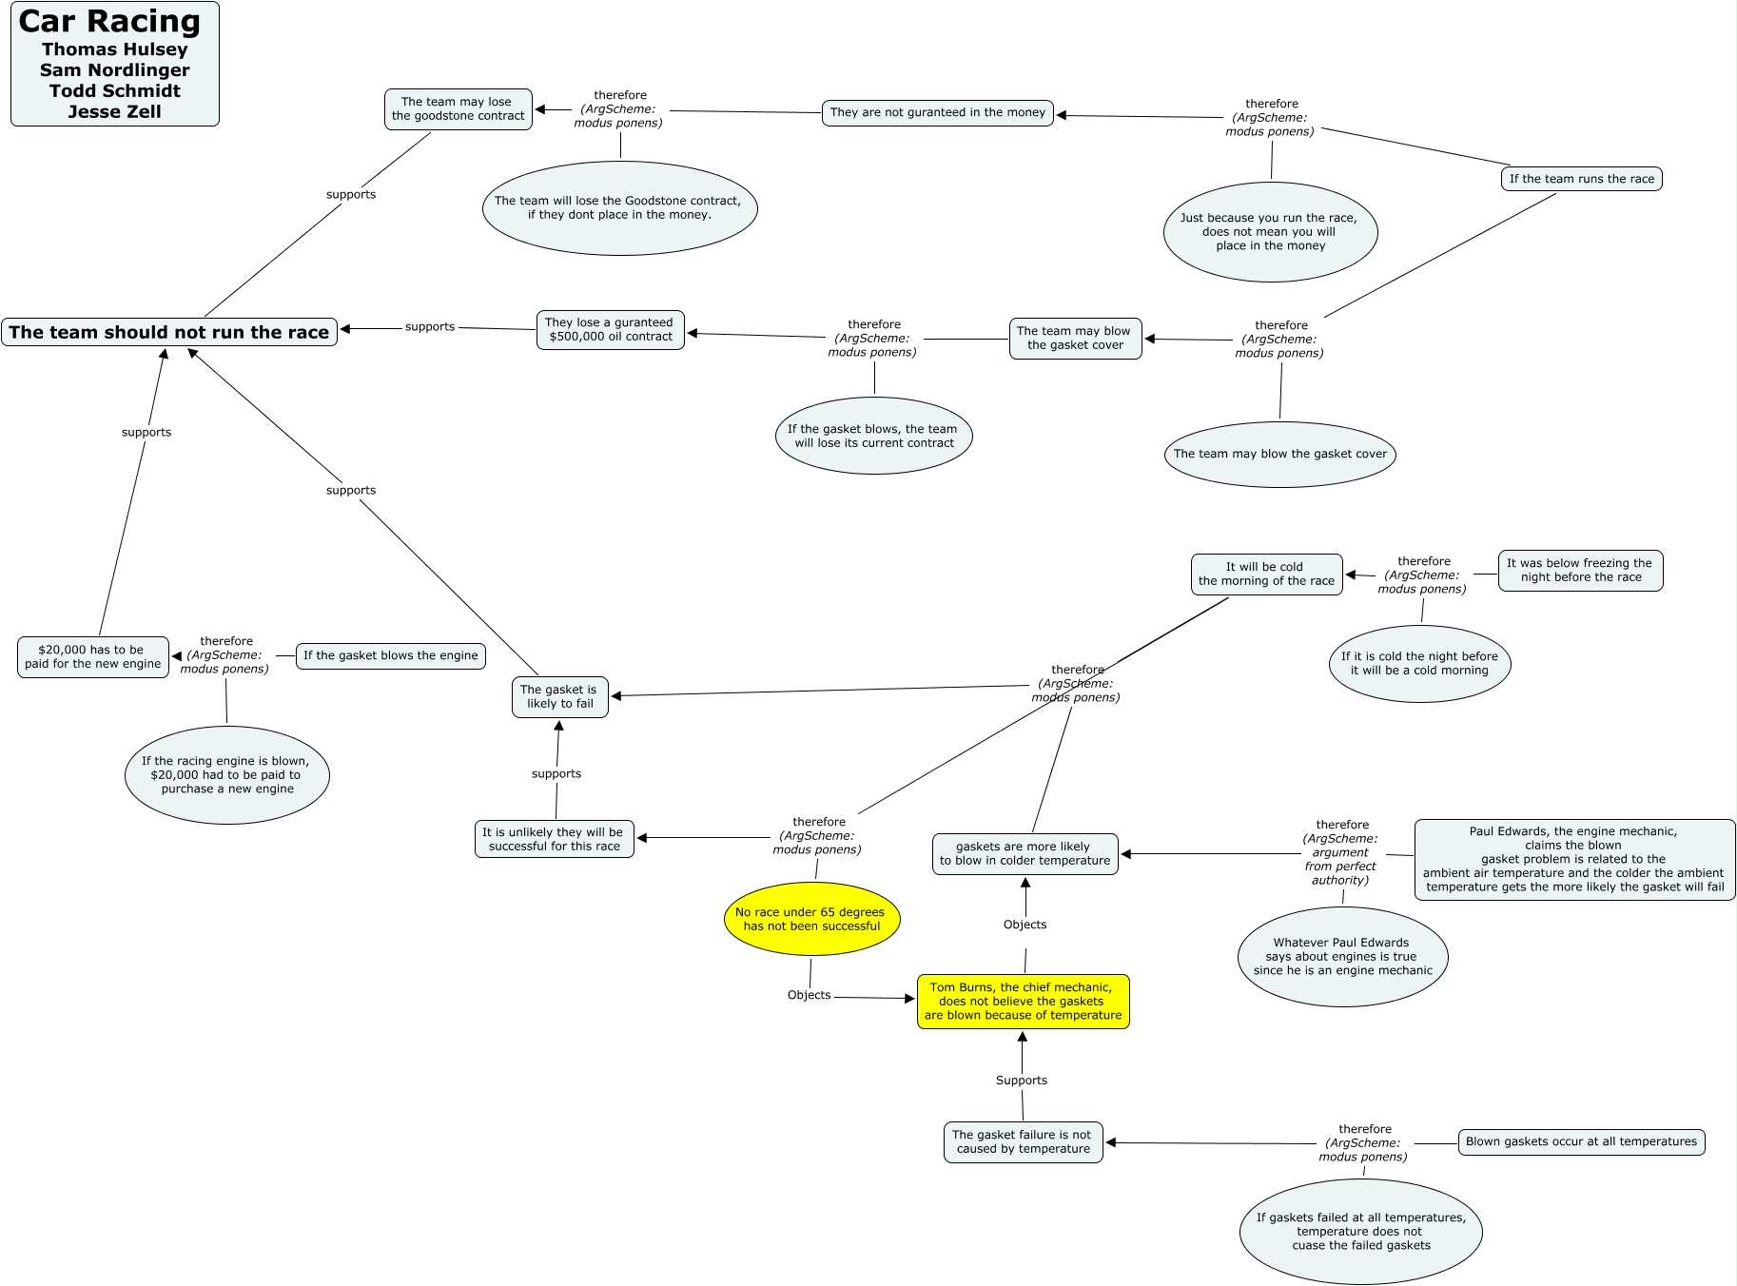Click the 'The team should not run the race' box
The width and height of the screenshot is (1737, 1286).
click(x=169, y=332)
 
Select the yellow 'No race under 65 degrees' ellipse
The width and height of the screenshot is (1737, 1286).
click(x=811, y=919)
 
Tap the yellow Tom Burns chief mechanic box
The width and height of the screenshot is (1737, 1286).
click(x=1023, y=1002)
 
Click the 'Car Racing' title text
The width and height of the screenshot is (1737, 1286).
click(x=109, y=22)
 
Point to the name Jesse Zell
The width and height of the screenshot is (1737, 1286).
click(x=114, y=111)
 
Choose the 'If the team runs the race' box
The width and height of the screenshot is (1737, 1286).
click(x=1581, y=179)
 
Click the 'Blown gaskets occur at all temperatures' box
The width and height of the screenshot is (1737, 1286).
click(x=1581, y=1141)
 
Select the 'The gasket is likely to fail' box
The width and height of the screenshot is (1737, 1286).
click(x=559, y=696)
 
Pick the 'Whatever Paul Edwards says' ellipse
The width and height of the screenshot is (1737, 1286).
click(x=1342, y=957)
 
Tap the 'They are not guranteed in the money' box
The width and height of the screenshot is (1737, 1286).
click(x=937, y=112)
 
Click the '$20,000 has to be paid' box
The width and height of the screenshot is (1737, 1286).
click(x=92, y=657)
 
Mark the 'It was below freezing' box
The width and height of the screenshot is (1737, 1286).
click(x=1580, y=571)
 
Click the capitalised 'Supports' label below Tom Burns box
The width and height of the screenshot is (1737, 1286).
click(x=1022, y=1081)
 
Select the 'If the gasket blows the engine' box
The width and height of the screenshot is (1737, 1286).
click(x=390, y=655)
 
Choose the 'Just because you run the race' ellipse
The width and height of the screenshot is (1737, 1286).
click(x=1270, y=232)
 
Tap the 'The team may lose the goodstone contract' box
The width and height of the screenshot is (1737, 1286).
click(x=458, y=109)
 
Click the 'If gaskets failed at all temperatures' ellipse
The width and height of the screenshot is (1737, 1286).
click(x=1360, y=1232)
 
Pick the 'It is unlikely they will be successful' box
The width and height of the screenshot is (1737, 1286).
click(x=555, y=839)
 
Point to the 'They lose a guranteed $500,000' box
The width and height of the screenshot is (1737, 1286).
click(x=610, y=330)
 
